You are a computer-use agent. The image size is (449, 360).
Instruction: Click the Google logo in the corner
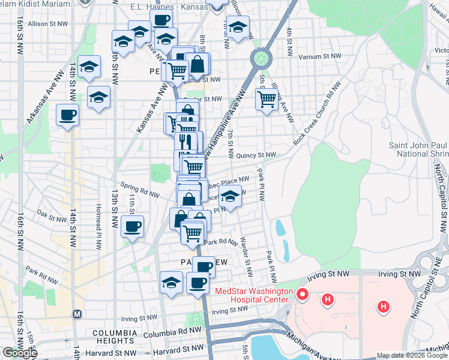20,353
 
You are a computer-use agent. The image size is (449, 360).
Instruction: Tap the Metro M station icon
76,314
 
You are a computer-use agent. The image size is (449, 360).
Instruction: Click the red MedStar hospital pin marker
303,295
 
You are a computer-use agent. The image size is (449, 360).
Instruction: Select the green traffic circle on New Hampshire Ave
261,58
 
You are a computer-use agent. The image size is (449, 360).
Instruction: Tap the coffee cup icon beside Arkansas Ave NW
68,115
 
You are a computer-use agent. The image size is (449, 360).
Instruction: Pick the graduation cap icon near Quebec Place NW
229,197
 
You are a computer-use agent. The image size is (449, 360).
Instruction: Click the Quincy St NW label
256,155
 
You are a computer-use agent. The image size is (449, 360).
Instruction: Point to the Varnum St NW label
321,56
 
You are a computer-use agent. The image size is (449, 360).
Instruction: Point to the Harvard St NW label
180,348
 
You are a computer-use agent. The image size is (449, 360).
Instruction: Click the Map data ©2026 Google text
412,355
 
